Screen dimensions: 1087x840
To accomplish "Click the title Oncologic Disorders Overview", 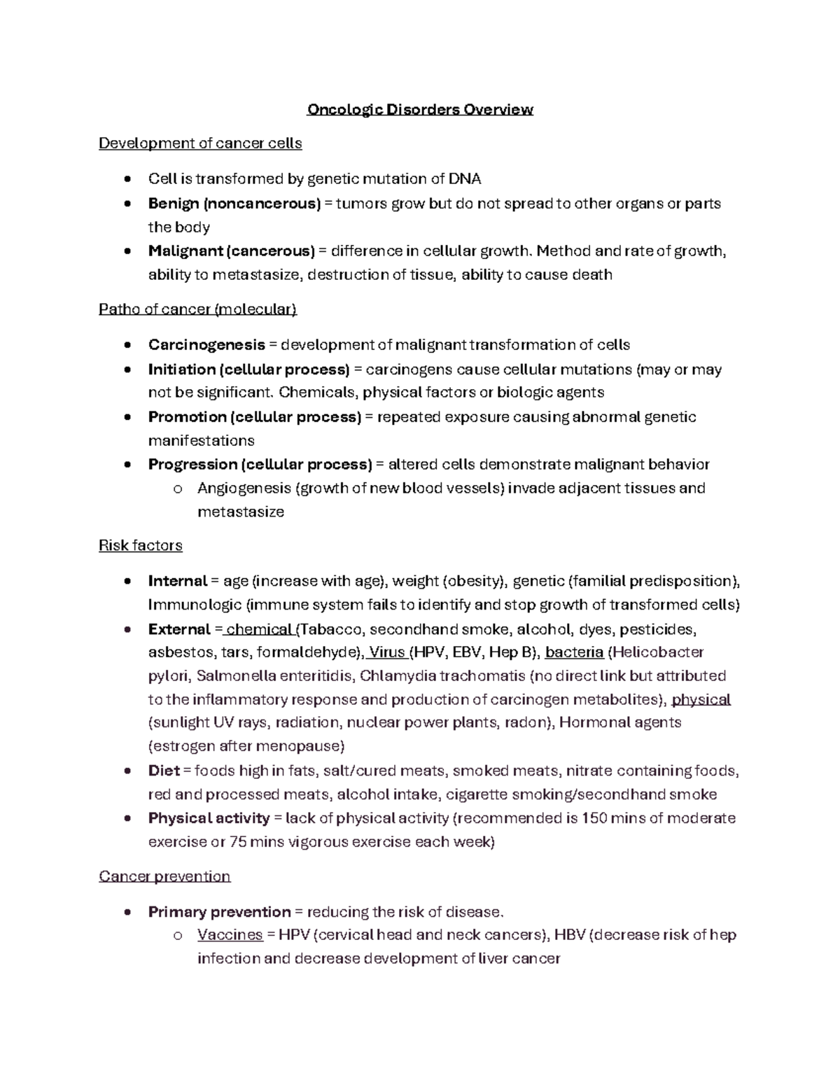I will (x=420, y=110).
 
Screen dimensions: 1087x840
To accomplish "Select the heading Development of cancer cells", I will (x=200, y=143).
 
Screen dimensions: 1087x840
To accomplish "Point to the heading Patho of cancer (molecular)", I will (x=198, y=309).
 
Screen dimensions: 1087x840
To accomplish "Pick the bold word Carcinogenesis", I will (x=206, y=345).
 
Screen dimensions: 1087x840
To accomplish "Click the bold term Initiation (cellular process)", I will (x=248, y=370).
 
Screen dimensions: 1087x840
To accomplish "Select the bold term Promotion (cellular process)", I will (x=255, y=417).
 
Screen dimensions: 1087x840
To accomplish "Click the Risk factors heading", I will (x=141, y=545).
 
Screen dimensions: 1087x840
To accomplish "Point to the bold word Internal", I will (x=177, y=581).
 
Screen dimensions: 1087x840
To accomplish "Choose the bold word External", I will (x=179, y=629).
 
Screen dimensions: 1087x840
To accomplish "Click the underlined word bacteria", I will (x=574, y=652).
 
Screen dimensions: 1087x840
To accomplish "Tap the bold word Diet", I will (x=164, y=771).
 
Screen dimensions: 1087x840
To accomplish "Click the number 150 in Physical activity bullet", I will (x=594, y=818).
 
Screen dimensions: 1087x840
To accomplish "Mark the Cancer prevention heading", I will (x=164, y=876).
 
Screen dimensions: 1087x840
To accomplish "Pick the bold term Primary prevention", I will (x=219, y=912).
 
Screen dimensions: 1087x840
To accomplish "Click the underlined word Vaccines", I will (x=230, y=935).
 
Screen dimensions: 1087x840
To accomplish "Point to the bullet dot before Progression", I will (x=127, y=465).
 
